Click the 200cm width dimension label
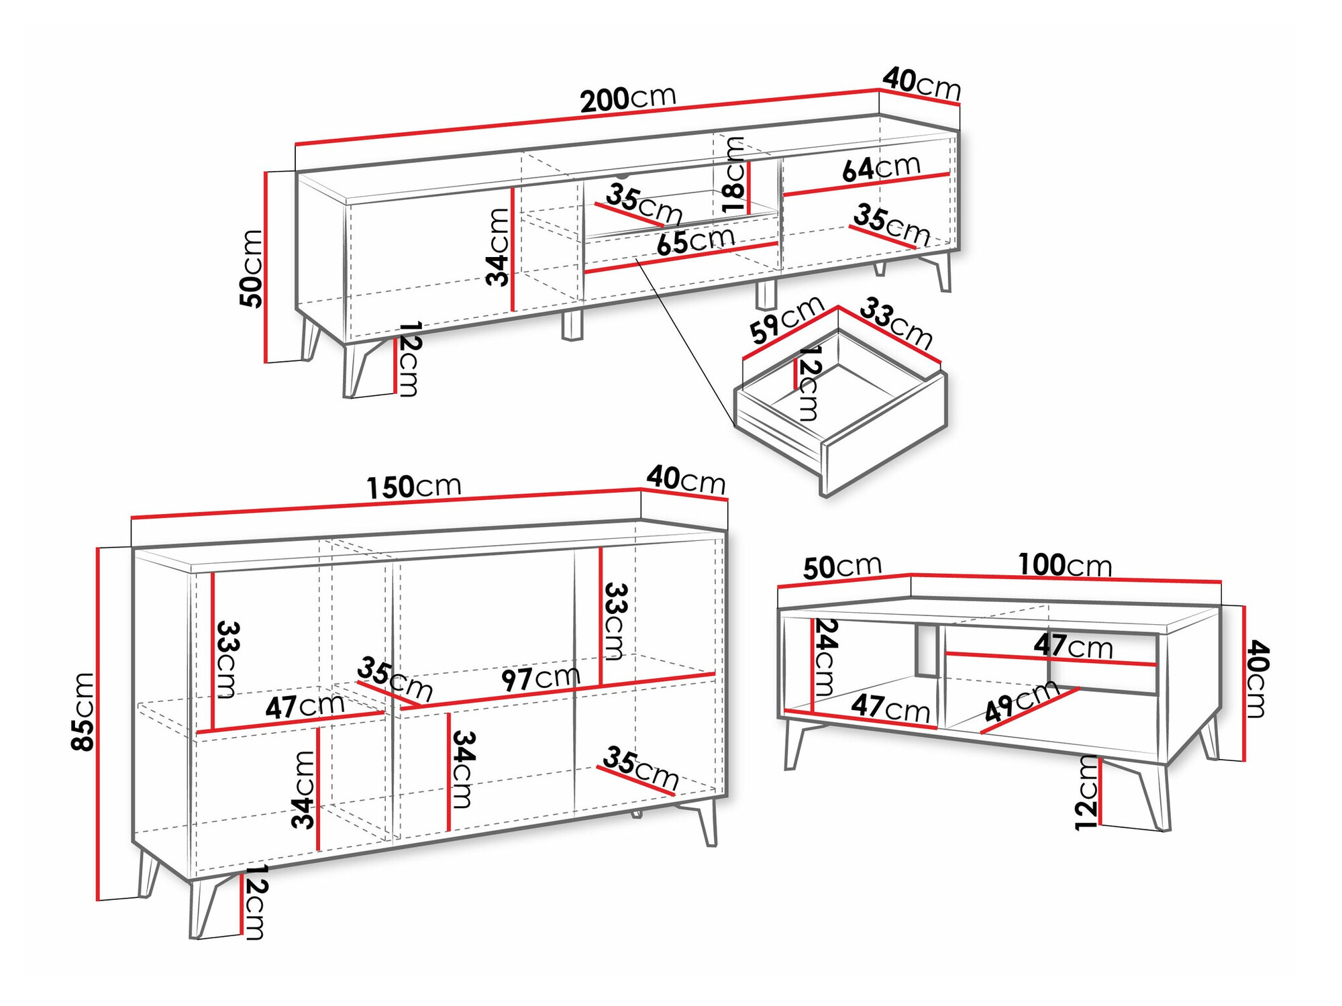pyautogui.click(x=628, y=99)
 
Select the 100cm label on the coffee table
pyautogui.click(x=1065, y=565)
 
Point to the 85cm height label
pyautogui.click(x=84, y=711)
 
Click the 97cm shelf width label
pyautogui.click(x=541, y=678)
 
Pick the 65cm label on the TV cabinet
pyautogui.click(x=696, y=240)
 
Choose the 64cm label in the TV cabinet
pyautogui.click(x=881, y=168)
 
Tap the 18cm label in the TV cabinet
pyautogui.click(x=733, y=174)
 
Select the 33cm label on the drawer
pyautogui.click(x=896, y=323)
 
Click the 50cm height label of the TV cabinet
pyautogui.click(x=252, y=268)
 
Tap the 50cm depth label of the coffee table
pyautogui.click(x=842, y=567)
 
